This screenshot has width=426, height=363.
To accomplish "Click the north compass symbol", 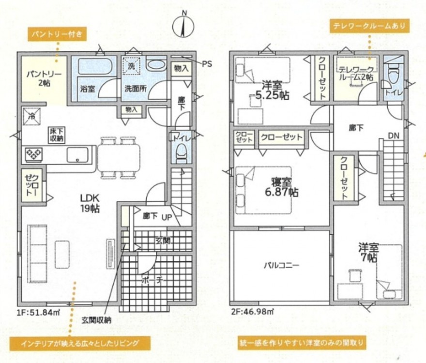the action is coord(183,25).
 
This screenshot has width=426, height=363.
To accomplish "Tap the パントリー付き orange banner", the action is coord(57,34).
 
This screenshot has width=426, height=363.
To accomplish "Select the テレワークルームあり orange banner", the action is coord(369,26).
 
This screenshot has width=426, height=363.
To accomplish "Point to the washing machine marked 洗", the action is coord(131,65).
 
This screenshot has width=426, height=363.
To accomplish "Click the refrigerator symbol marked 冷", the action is coord(31,117).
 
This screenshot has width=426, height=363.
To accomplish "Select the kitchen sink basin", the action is coord(78,155).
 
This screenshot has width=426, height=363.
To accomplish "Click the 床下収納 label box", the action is coord(57,135).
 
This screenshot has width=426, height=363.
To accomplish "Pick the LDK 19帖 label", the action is coord(90,203).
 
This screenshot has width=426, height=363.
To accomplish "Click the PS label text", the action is coord(207,64).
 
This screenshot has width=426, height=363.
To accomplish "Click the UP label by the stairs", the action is coord(167,217).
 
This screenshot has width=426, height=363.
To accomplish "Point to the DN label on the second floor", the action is coord(394,136).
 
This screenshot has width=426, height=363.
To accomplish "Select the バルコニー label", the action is coord(281,265).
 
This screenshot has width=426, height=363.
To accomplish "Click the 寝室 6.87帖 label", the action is coord(281,187).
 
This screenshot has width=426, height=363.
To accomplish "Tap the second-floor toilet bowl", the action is coord(394,74).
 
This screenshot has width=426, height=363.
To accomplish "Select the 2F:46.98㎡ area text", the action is coord(252,311).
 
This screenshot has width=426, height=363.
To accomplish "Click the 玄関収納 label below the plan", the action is coord(96,320).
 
